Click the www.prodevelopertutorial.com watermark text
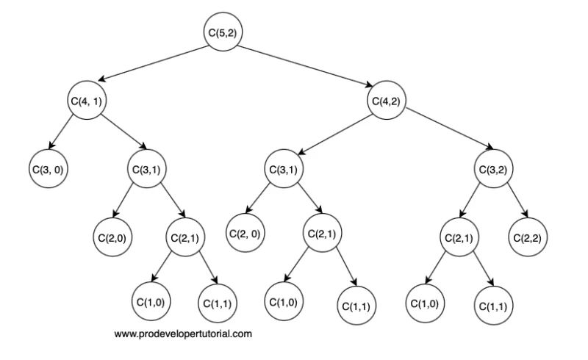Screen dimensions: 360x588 [183, 334]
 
